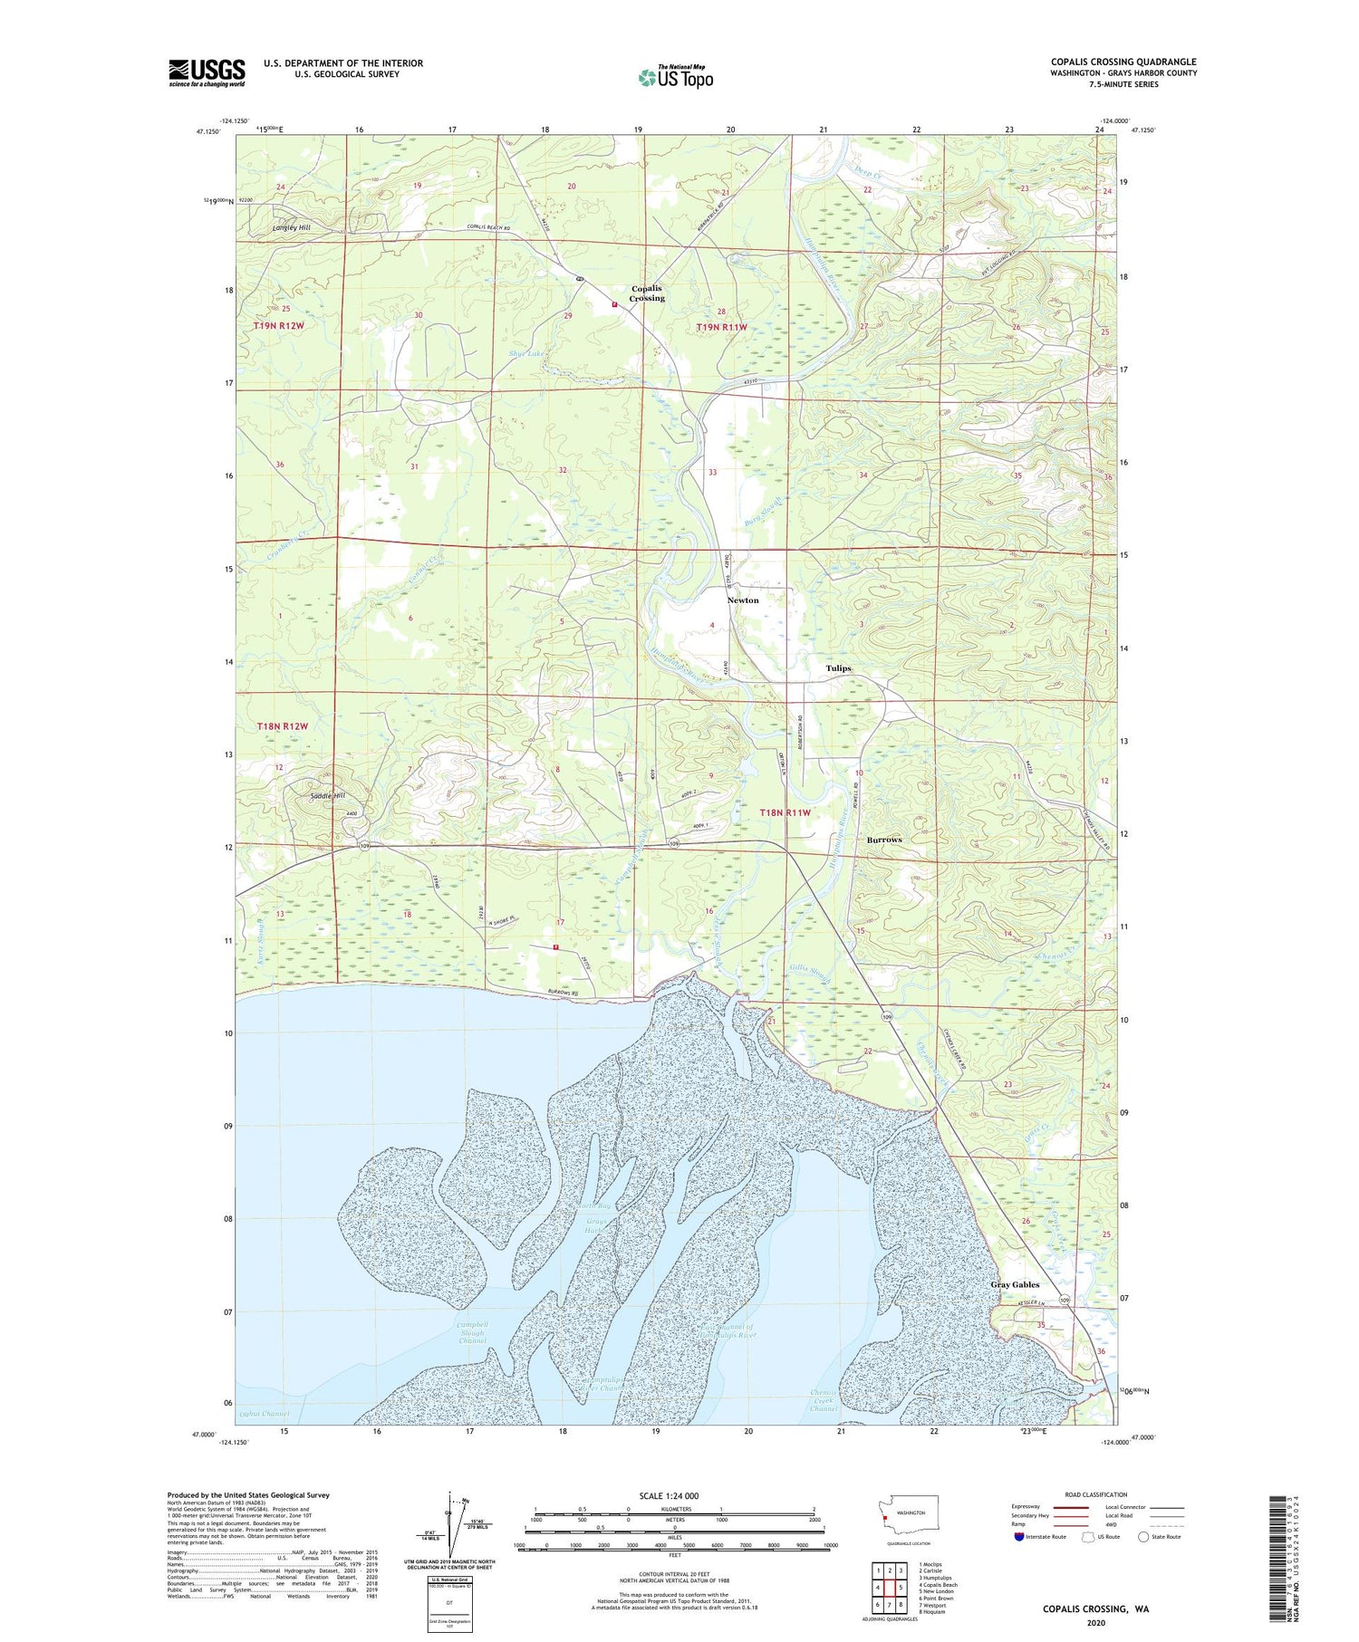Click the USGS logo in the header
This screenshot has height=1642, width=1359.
[207, 72]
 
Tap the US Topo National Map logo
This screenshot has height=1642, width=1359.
[676, 77]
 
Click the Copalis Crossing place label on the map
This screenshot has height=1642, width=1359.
[647, 293]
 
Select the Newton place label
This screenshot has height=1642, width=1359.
[743, 600]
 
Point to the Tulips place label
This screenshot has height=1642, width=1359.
[838, 668]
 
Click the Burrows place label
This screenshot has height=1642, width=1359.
[884, 840]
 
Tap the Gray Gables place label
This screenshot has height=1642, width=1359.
[1015, 1284]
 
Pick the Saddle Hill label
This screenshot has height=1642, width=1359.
[328, 796]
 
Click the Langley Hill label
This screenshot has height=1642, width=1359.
[292, 227]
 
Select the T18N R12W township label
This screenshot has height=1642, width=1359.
[283, 726]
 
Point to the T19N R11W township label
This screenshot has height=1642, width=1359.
[722, 327]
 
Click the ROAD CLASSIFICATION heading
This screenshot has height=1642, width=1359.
[1096, 1494]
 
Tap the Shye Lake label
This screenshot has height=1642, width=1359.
[526, 353]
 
